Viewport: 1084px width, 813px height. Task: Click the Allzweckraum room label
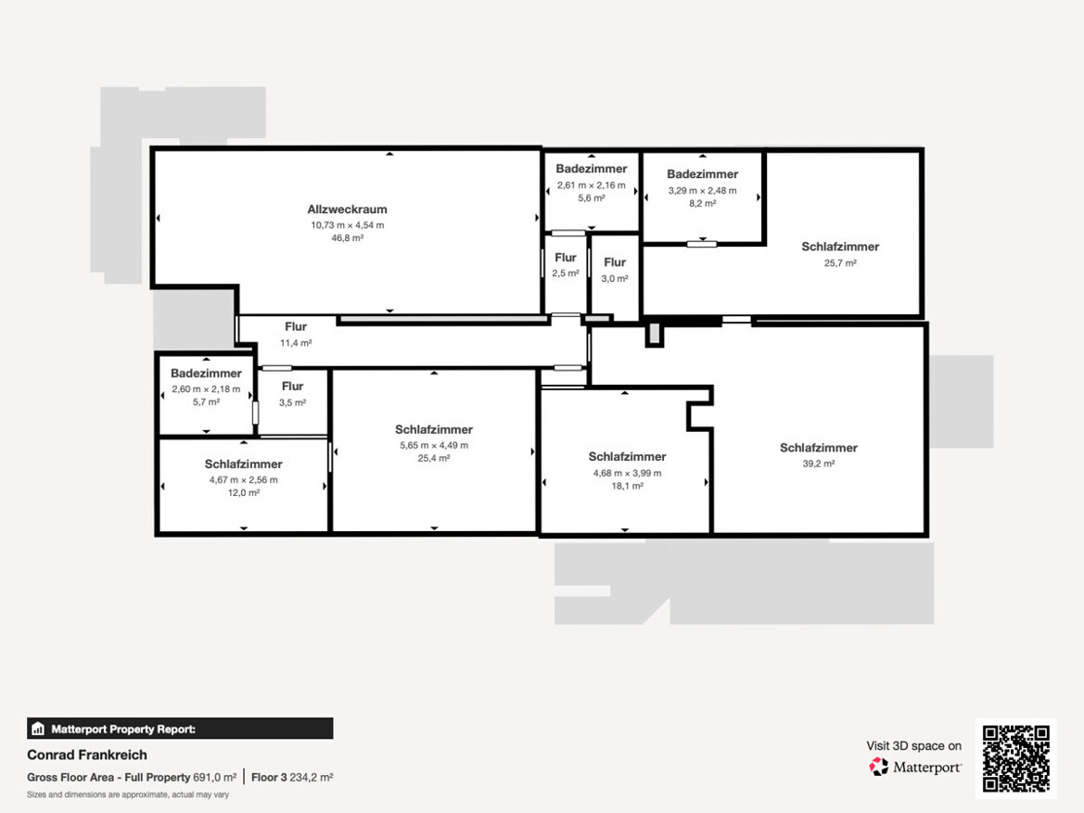point(347,209)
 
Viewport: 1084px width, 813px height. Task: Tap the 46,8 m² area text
point(347,238)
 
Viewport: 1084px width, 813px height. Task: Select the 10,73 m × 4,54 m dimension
point(347,224)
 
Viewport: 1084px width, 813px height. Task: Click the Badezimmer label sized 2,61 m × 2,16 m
point(591,169)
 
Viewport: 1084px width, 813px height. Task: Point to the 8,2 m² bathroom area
point(702,203)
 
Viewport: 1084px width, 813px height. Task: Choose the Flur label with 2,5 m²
point(566,257)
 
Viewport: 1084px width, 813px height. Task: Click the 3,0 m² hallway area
point(615,279)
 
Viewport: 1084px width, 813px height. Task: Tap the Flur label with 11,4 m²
point(296,326)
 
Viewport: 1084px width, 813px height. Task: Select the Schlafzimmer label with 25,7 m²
point(840,247)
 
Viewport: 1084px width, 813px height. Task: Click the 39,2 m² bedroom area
point(819,464)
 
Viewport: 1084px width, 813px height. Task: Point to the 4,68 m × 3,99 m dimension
point(627,473)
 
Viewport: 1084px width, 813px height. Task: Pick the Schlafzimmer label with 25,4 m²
point(433,429)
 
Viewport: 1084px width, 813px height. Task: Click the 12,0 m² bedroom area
point(243,493)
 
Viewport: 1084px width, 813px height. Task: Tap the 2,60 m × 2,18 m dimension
point(206,389)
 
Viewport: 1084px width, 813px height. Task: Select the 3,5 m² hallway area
point(292,402)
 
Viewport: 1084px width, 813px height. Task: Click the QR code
point(1016,758)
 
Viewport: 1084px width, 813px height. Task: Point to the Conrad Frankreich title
point(87,755)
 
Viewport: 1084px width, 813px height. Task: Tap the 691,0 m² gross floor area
point(214,777)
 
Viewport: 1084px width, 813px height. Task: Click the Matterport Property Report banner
point(180,729)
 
